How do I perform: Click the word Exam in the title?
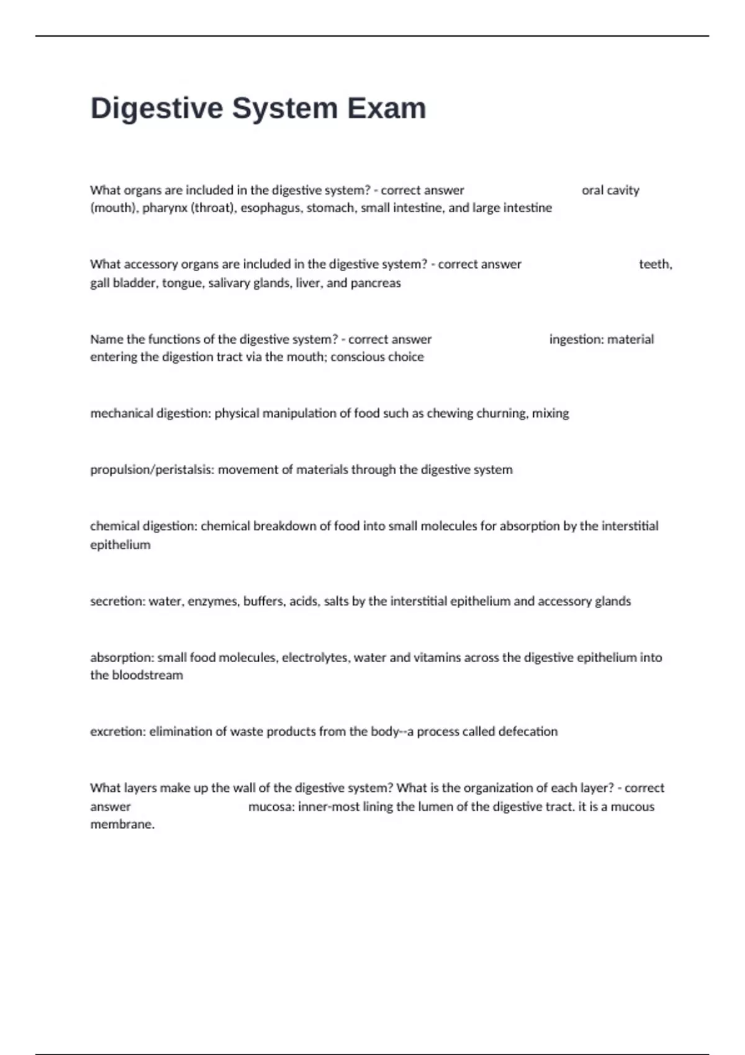click(x=386, y=108)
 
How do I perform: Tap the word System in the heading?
click(x=285, y=108)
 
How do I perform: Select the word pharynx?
click(x=165, y=208)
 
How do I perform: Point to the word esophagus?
click(x=270, y=208)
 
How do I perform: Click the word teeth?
click(x=654, y=264)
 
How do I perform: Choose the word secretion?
click(x=117, y=601)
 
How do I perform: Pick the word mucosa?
click(x=271, y=807)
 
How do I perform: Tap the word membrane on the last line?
click(x=122, y=825)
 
